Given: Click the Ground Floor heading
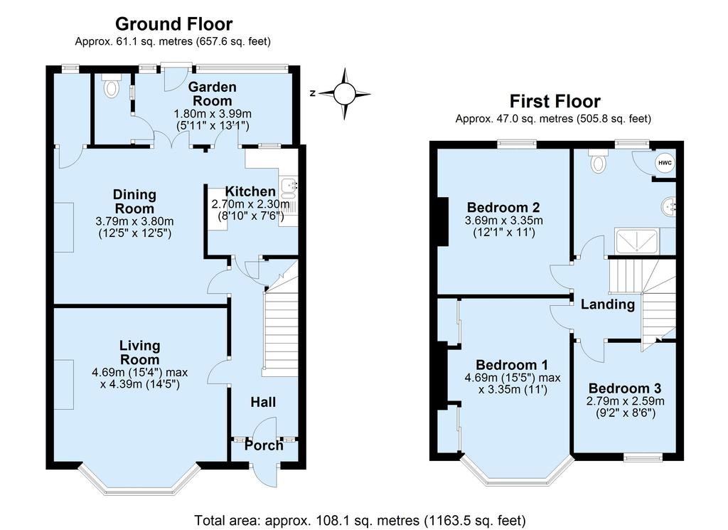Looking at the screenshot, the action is point(173,23).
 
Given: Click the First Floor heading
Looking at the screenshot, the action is point(555,101).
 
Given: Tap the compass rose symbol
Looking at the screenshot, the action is point(344,94).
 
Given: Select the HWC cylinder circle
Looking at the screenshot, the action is point(665,163).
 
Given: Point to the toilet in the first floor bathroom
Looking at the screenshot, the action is point(599,161).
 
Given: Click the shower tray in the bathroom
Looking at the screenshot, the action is point(636,241).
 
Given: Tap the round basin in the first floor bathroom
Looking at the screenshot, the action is point(669,207).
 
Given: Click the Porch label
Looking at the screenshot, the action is point(264,445).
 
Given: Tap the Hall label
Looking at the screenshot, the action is point(263,402).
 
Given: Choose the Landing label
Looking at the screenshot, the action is point(608,304).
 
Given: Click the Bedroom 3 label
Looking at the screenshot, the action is point(625,388).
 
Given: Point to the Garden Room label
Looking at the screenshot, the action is point(212,94).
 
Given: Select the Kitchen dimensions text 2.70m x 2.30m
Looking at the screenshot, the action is point(251,204).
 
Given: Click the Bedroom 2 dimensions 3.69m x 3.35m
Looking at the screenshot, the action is point(504,221).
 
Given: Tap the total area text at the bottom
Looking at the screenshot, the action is point(360,520).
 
